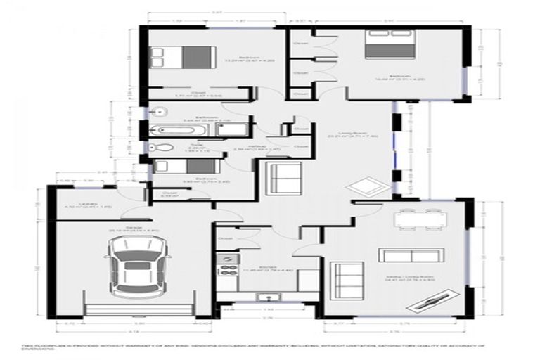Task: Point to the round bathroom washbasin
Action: (x=159, y=111)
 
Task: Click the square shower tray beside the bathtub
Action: (x=237, y=129)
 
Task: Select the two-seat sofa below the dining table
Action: (x=411, y=254)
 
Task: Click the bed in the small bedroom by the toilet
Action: (x=183, y=166)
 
